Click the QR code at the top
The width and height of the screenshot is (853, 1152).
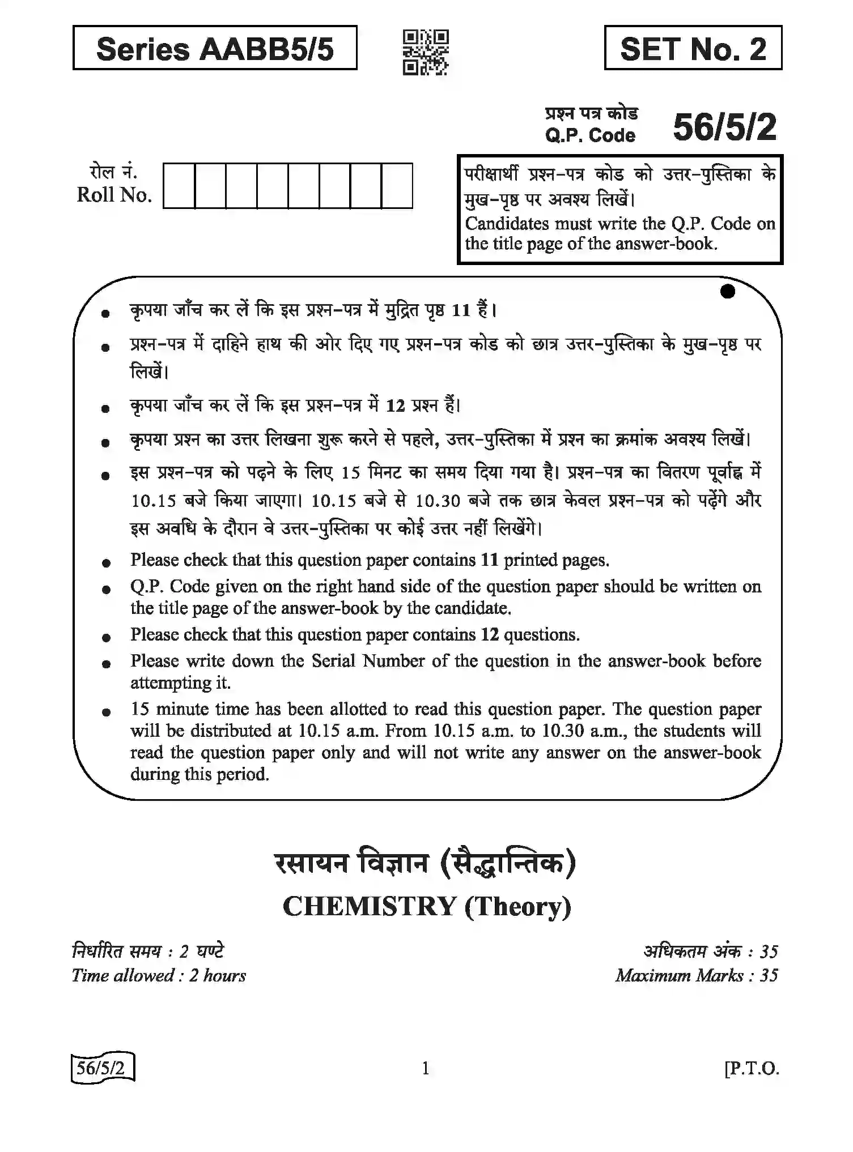click(x=426, y=52)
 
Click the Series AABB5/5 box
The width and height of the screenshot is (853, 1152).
click(x=215, y=48)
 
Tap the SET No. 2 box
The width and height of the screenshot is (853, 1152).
click(x=693, y=48)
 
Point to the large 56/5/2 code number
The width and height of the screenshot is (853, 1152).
click(x=724, y=127)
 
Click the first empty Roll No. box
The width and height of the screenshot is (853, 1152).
click(x=179, y=186)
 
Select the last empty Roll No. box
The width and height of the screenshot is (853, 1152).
click(x=397, y=186)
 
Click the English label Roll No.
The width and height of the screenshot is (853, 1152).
click(x=114, y=195)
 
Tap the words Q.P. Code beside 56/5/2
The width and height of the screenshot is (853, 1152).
click(x=590, y=135)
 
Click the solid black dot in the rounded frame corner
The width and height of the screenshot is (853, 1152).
click(x=728, y=291)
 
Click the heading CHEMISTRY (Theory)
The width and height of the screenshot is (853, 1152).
click(x=427, y=906)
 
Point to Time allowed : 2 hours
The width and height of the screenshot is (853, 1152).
click(x=159, y=975)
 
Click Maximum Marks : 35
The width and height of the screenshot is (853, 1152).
click(x=697, y=975)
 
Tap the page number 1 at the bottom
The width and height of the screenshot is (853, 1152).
click(x=426, y=1068)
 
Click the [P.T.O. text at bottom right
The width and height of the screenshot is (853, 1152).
click(x=752, y=1068)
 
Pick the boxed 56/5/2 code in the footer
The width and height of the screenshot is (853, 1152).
click(x=102, y=1068)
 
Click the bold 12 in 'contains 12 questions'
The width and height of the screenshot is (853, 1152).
click(x=490, y=635)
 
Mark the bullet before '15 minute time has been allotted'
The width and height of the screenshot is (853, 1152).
click(x=106, y=712)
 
